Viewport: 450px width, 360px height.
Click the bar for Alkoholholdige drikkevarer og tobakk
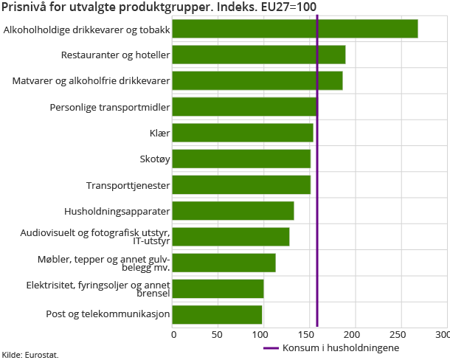click(295, 29)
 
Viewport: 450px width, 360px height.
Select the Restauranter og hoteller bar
click(259, 55)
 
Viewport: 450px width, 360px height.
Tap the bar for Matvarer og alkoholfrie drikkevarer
click(257, 80)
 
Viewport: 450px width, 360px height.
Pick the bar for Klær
click(243, 133)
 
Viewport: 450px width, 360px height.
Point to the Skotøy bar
click(242, 159)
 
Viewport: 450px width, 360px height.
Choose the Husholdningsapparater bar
click(234, 211)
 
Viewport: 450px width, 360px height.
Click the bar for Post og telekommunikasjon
click(218, 315)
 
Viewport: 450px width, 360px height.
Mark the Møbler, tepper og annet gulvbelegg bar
click(224, 263)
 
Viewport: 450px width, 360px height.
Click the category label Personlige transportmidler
click(110, 108)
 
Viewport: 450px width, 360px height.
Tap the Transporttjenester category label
click(128, 186)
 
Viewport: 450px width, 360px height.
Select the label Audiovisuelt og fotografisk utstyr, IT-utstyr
click(95, 237)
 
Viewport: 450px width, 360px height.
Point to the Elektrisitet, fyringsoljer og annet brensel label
click(98, 288)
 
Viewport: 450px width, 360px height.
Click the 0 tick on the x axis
click(174, 335)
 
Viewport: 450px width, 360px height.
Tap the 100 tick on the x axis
click(264, 335)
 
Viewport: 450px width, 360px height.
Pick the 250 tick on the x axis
click(401, 335)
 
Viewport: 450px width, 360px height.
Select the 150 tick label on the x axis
click(310, 335)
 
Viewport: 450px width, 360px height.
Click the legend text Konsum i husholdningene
click(341, 348)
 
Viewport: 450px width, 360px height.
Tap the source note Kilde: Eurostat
click(30, 355)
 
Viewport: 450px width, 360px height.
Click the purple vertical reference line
click(317, 184)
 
